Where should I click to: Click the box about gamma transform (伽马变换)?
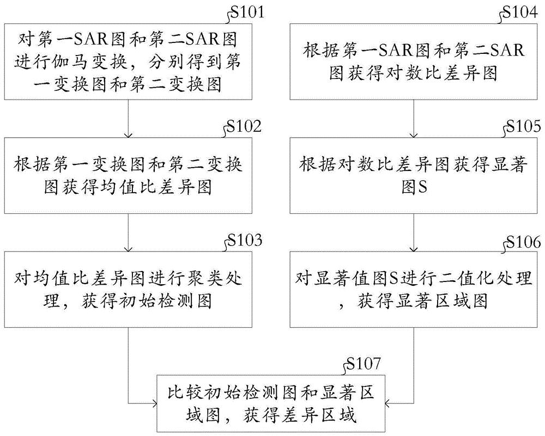[x=129, y=64]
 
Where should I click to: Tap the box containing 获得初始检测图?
[x=129, y=289]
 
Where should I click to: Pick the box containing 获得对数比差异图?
[x=417, y=64]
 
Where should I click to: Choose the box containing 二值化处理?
[x=417, y=289]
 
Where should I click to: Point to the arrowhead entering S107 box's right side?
[x=386, y=403]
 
